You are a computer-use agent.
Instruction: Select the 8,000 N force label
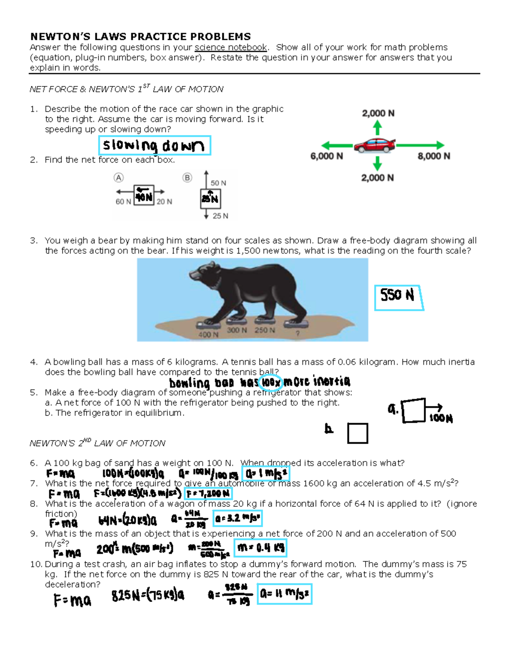(433, 156)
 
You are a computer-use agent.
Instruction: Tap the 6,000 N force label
(327, 156)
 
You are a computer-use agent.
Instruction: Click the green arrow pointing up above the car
(378, 127)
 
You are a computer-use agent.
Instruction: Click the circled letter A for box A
(118, 178)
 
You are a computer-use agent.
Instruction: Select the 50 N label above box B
(218, 183)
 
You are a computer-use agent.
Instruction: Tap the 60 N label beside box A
(123, 202)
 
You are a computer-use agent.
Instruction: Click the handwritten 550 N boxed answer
(397, 295)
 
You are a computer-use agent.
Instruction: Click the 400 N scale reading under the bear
(208, 335)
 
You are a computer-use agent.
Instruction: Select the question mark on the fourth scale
(297, 333)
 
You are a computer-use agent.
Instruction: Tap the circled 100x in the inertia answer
(271, 383)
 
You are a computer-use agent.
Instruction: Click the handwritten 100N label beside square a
(441, 419)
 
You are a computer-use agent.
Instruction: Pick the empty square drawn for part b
(358, 433)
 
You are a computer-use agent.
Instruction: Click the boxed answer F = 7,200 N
(208, 494)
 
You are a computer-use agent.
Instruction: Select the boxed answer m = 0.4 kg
(261, 548)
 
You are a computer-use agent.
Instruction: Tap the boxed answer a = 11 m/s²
(285, 594)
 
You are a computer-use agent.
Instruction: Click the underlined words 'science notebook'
(231, 47)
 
